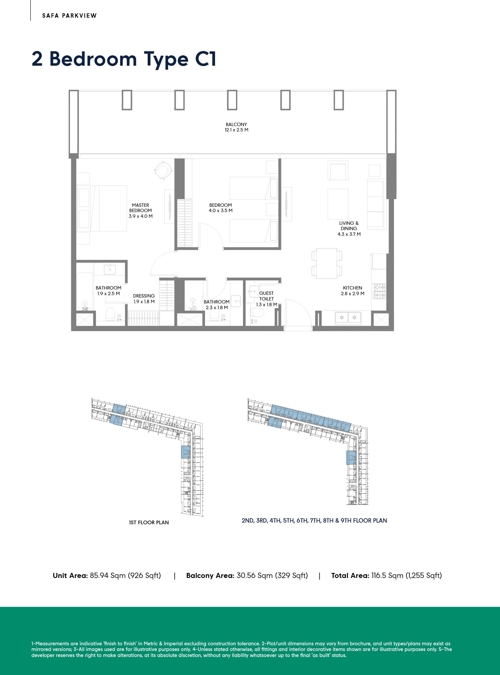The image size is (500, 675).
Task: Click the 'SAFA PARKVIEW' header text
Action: pyautogui.click(x=69, y=16)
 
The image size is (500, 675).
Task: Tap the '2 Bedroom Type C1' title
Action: pyautogui.click(x=124, y=59)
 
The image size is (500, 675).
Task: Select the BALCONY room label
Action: pyautogui.click(x=236, y=124)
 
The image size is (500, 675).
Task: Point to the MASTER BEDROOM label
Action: pyautogui.click(x=140, y=208)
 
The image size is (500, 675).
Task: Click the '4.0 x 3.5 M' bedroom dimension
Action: pyautogui.click(x=221, y=211)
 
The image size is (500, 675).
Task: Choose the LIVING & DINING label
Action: pyautogui.click(x=349, y=226)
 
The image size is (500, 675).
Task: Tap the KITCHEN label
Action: pyautogui.click(x=352, y=288)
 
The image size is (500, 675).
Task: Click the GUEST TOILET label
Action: pyautogui.click(x=266, y=296)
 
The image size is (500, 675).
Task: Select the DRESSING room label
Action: pyautogui.click(x=144, y=296)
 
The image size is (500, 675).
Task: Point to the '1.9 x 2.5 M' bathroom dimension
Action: pyautogui.click(x=108, y=294)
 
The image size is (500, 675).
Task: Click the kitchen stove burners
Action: pyautogui.click(x=379, y=291)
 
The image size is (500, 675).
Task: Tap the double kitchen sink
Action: pyautogui.click(x=348, y=317)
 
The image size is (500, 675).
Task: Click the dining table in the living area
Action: pyautogui.click(x=327, y=263)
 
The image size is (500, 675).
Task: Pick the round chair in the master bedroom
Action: pyautogui.click(x=163, y=170)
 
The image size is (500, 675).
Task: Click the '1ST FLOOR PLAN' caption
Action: pyautogui.click(x=149, y=522)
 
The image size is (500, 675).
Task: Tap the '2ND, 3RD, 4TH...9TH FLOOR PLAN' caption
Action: pyautogui.click(x=314, y=520)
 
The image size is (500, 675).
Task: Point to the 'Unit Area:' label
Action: pyautogui.click(x=70, y=575)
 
